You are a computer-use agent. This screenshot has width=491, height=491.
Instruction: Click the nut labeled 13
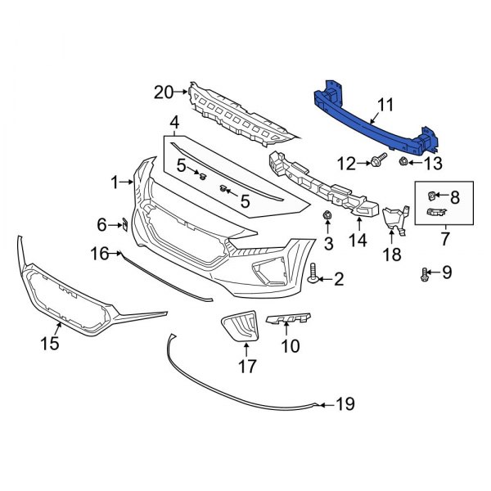(x=403, y=163)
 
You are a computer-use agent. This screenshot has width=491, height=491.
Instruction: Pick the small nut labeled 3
(x=327, y=216)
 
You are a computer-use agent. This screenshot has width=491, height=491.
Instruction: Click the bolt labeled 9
(x=425, y=273)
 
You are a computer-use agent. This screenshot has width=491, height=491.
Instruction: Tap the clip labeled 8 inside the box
(x=432, y=196)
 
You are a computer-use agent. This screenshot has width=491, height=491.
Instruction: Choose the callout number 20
(x=164, y=93)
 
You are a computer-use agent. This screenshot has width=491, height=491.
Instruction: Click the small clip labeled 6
(x=124, y=223)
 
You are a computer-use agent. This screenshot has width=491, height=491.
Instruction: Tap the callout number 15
(x=50, y=344)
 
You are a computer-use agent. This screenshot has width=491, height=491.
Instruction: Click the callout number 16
(x=100, y=255)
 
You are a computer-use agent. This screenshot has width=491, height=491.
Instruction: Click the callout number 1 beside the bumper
(x=115, y=182)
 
